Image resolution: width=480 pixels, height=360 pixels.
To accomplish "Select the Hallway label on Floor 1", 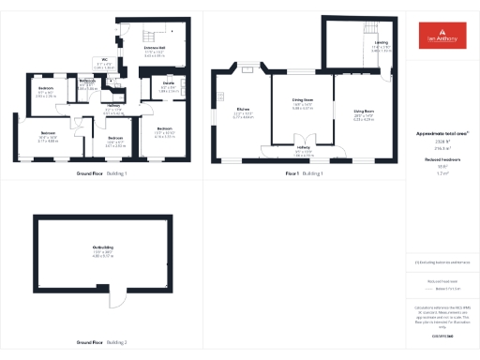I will pos(303,147).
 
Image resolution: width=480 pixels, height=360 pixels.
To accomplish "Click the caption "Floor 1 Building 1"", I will pos(304,173).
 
